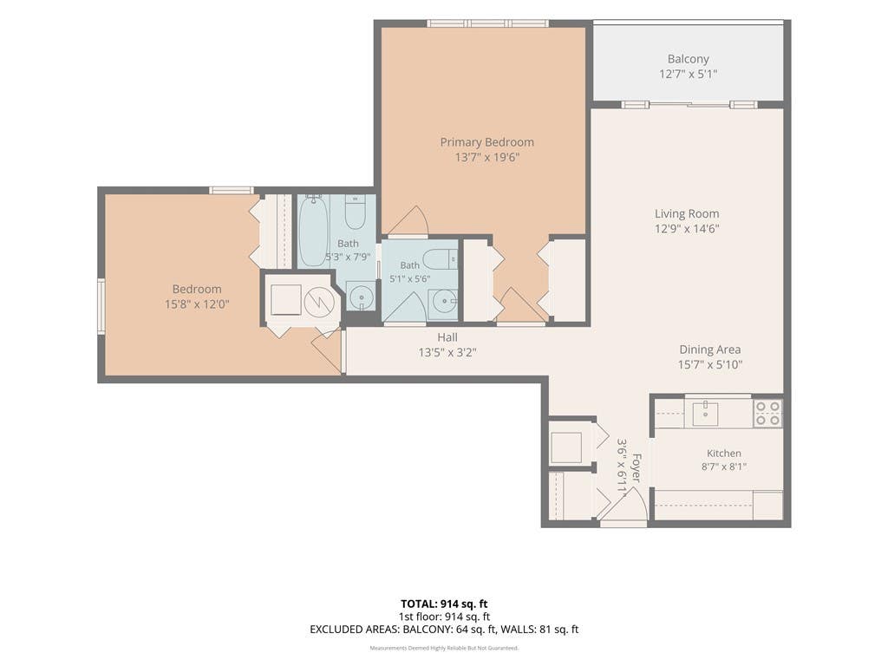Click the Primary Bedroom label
pyautogui.click(x=487, y=142)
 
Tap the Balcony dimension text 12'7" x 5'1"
pyautogui.click(x=688, y=74)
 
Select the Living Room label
pyautogui.click(x=687, y=213)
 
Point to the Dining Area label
pyautogui.click(x=710, y=349)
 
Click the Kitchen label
pyautogui.click(x=724, y=453)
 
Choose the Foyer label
pyautogui.click(x=637, y=467)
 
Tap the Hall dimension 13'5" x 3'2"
pyautogui.click(x=447, y=352)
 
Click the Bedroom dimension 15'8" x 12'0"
pyautogui.click(x=197, y=304)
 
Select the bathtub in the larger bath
pyautogui.click(x=313, y=231)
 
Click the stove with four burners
pyautogui.click(x=767, y=413)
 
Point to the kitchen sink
pyautogui.click(x=705, y=414)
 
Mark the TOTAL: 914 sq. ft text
pyautogui.click(x=444, y=604)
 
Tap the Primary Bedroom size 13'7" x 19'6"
pyautogui.click(x=487, y=157)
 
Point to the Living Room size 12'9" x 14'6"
pyautogui.click(x=687, y=229)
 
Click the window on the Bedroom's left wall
pyautogui.click(x=101, y=306)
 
